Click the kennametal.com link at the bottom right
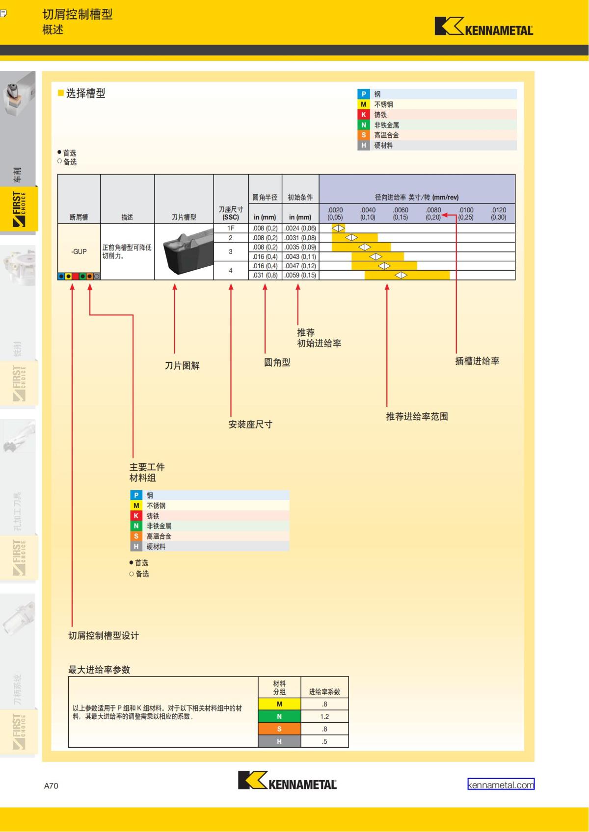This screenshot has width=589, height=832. click(501, 784)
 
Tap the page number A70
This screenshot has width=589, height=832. click(51, 785)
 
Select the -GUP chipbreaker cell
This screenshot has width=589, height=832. click(79, 252)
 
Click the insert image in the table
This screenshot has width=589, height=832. click(184, 252)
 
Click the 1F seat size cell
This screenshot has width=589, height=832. click(231, 228)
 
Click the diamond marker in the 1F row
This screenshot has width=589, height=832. click(339, 228)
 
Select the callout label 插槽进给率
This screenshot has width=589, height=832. click(477, 361)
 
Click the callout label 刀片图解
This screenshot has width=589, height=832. click(182, 366)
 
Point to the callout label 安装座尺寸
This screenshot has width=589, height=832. click(250, 425)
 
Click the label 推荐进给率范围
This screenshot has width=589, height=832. click(417, 417)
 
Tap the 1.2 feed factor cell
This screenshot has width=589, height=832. click(324, 716)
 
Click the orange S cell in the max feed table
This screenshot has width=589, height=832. click(279, 729)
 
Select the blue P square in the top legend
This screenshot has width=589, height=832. click(363, 94)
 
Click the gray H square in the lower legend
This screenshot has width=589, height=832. click(136, 547)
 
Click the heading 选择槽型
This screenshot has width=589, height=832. click(85, 93)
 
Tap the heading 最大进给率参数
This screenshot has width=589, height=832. click(99, 670)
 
